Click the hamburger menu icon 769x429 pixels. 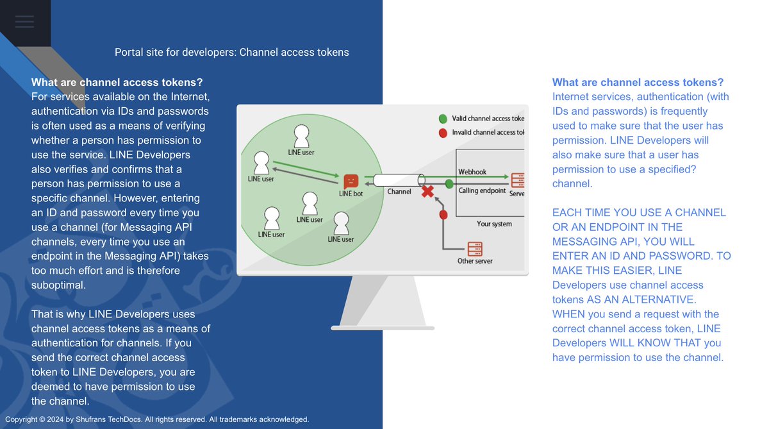click(x=24, y=22)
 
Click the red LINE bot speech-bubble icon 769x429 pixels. click(x=351, y=181)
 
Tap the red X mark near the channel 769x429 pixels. click(x=427, y=191)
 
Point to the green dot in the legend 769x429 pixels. click(x=443, y=119)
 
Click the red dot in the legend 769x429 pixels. click(x=443, y=133)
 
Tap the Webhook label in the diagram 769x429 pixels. click(x=472, y=172)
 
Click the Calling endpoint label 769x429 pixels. click(x=482, y=190)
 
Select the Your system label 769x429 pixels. click(x=494, y=224)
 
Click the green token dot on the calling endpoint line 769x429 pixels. click(x=449, y=184)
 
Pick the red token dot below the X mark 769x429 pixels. click(x=442, y=214)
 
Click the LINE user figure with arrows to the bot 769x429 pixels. click(x=261, y=162)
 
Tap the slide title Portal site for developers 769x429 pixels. click(x=231, y=52)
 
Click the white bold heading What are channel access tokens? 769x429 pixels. click(x=117, y=82)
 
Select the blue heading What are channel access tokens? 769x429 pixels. click(x=638, y=82)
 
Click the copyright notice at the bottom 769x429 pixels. click(x=157, y=419)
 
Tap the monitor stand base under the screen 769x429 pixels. click(x=383, y=328)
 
